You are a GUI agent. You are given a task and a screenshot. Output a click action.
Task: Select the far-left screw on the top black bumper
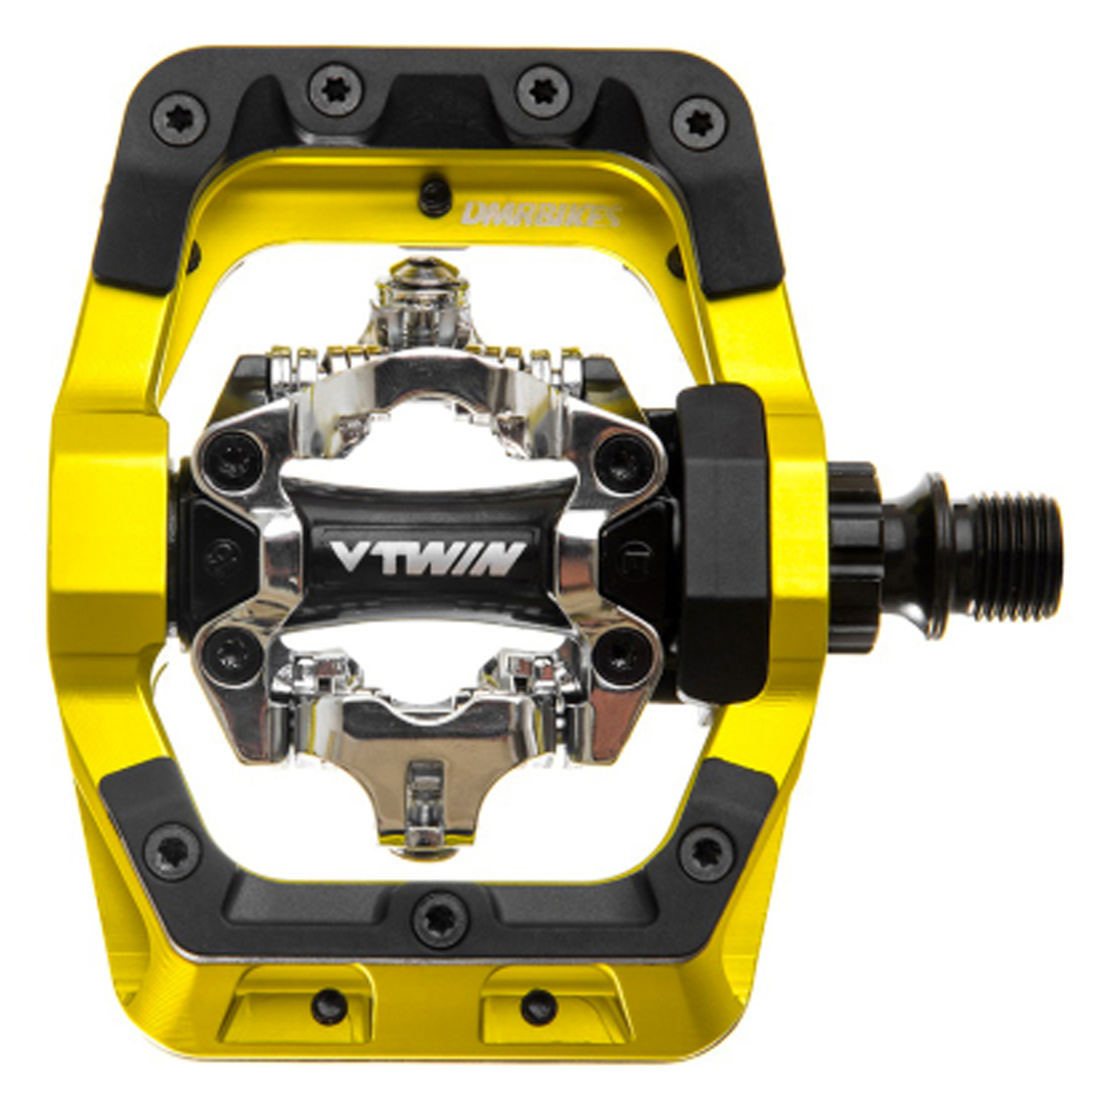(x=179, y=118)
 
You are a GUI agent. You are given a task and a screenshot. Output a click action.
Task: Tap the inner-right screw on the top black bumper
(x=543, y=92)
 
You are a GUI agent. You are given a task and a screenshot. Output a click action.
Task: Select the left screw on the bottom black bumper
(x=172, y=852)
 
